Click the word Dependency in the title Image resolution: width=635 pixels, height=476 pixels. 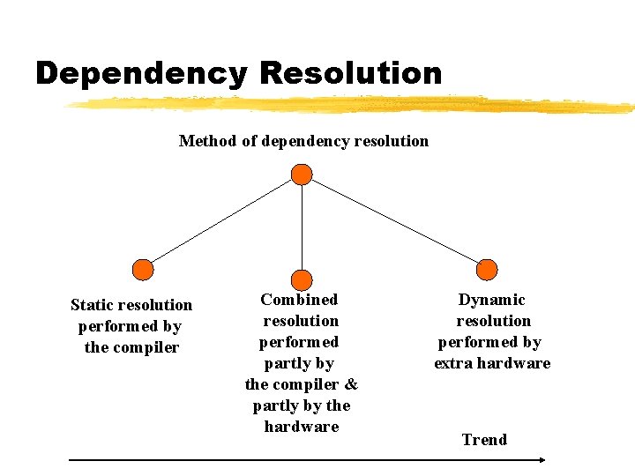click(141, 73)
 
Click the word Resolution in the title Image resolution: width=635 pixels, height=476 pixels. click(350, 73)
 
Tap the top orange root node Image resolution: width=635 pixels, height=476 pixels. click(302, 174)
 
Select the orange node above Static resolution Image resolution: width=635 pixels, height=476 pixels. click(142, 270)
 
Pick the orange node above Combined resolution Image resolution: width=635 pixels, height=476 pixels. click(302, 279)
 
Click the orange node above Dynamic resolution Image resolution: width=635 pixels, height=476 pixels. click(487, 270)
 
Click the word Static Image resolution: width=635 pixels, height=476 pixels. click(93, 305)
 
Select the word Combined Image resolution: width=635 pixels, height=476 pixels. click(299, 300)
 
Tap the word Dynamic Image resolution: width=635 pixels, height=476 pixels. click(491, 300)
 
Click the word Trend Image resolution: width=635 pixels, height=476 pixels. click(484, 440)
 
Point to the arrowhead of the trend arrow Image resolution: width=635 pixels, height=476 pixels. click(542, 459)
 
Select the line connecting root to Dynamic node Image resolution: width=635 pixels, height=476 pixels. click(394, 221)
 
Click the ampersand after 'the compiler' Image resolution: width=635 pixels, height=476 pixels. click(351, 384)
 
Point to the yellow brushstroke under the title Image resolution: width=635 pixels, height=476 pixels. click(353, 105)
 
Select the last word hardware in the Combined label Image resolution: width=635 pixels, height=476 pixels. click(302, 427)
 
